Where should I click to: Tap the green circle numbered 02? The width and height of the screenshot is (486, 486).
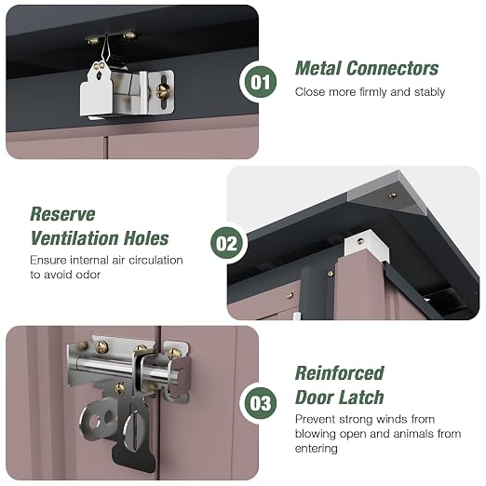tap(226, 243)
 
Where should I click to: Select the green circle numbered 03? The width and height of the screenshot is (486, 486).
tap(261, 403)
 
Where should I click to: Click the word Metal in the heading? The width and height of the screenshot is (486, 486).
tap(318, 68)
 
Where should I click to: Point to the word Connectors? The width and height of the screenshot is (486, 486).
tap(392, 68)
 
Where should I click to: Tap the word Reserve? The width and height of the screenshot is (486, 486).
tap(62, 214)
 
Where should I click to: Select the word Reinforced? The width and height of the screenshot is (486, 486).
tap(340, 373)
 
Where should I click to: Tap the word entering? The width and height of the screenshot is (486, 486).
tap(316, 449)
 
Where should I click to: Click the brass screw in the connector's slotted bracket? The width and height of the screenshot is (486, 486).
tap(162, 91)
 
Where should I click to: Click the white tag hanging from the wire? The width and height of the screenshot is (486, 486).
tap(97, 88)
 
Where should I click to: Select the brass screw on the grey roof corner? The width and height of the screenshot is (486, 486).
tap(393, 196)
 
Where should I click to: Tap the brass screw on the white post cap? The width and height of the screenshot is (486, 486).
tap(360, 240)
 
